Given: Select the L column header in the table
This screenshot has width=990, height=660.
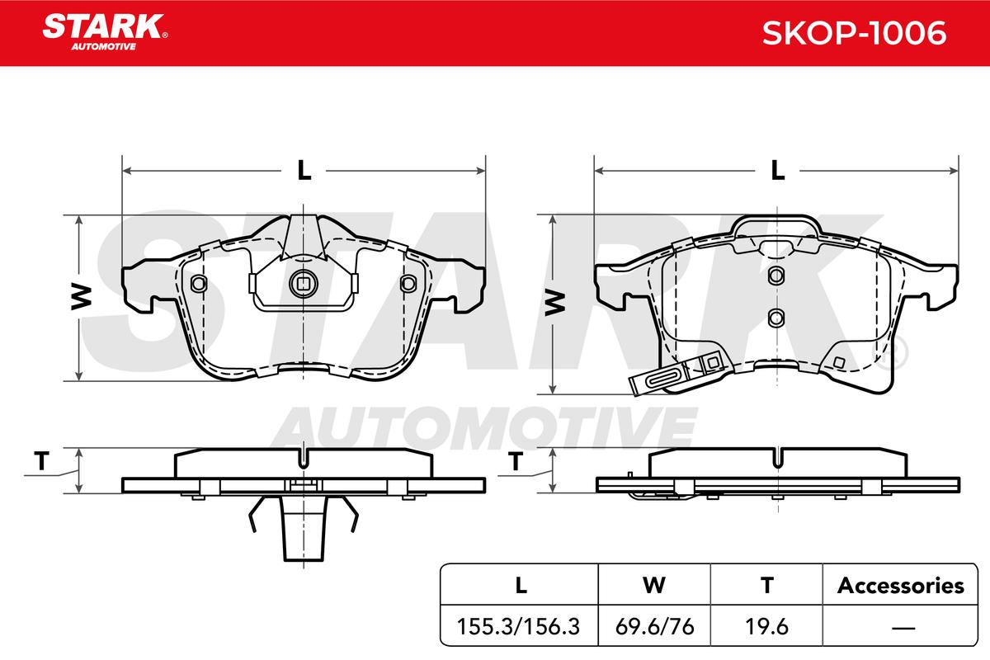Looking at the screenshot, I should pos(519,586).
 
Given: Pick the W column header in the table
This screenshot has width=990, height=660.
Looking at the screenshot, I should pos(653,586).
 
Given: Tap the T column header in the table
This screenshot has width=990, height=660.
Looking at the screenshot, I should pos(766,586).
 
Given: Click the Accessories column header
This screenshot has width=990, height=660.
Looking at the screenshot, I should pos(900,586).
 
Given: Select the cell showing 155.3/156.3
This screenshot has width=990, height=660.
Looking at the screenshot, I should pos(519,626).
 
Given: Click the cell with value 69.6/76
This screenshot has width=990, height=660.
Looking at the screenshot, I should pos(653,626).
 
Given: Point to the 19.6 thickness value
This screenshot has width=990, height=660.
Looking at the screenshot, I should pos(766,626).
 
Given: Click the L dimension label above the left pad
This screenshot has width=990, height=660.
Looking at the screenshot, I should pos(304,171).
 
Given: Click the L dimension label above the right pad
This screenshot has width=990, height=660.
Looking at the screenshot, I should pos(776,171).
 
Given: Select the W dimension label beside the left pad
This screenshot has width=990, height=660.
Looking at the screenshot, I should pos(79,299).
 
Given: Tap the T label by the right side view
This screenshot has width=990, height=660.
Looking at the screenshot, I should pos(515,462).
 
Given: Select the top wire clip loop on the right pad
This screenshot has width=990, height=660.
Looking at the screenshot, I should pos(775,225).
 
